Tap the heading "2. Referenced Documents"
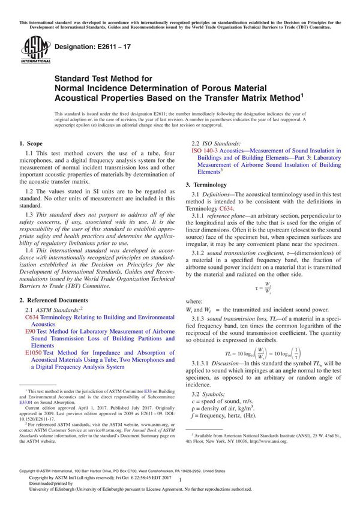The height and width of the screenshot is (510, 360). coord(53,299)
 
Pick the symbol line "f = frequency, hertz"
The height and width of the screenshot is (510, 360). coord(231,417)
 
